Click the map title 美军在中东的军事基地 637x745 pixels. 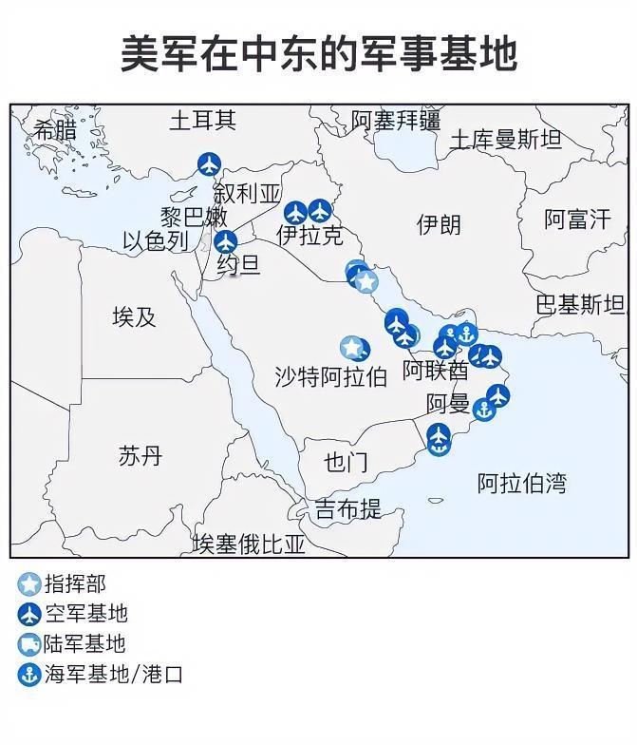[x=318, y=54]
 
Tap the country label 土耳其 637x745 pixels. [x=202, y=121]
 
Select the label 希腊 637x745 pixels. [x=56, y=130]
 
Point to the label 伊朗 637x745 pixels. [x=439, y=224]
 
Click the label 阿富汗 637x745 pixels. [x=577, y=220]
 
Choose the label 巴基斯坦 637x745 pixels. [x=580, y=305]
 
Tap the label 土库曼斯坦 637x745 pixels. [x=505, y=140]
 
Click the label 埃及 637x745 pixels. [x=134, y=316]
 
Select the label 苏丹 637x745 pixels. [x=141, y=456]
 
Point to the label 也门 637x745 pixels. [x=346, y=463]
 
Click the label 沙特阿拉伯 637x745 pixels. [x=330, y=376]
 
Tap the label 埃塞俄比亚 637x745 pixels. [x=249, y=544]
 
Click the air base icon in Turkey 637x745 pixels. [x=209, y=164]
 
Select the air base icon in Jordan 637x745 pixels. [x=225, y=242]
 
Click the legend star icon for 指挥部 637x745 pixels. [x=29, y=584]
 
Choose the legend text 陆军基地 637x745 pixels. [x=85, y=644]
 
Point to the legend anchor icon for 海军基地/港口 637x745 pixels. [x=29, y=675]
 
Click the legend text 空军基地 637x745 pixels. [x=85, y=614]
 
